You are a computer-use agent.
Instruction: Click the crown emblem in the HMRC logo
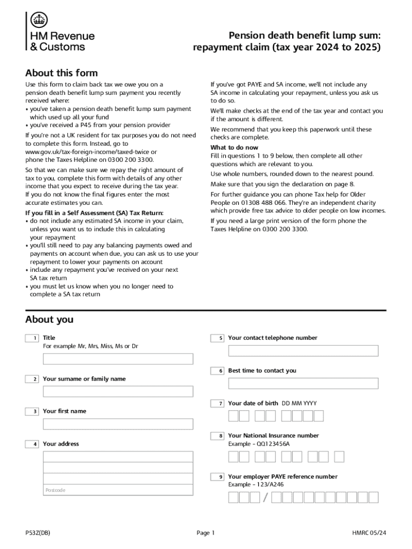[38, 20]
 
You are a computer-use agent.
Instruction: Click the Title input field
[118, 359]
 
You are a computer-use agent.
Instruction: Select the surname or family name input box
[118, 391]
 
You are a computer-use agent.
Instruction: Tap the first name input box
[118, 424]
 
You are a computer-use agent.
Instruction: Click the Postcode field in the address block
[118, 490]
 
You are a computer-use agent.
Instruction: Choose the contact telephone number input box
[303, 351]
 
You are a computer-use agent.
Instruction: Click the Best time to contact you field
[303, 383]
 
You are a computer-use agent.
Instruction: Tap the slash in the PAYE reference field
[266, 498]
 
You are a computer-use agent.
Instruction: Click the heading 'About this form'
[62, 73]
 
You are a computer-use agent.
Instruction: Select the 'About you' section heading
[49, 320]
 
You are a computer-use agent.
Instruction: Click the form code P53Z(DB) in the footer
[38, 532]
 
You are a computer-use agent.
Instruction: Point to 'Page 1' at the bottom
[205, 532]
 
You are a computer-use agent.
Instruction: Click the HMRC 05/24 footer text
[369, 532]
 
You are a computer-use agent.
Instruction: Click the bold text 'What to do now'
[234, 147]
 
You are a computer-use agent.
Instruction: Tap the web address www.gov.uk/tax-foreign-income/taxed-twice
[83, 152]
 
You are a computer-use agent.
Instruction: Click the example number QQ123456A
[273, 444]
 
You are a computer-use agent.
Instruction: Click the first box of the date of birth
[233, 416]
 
